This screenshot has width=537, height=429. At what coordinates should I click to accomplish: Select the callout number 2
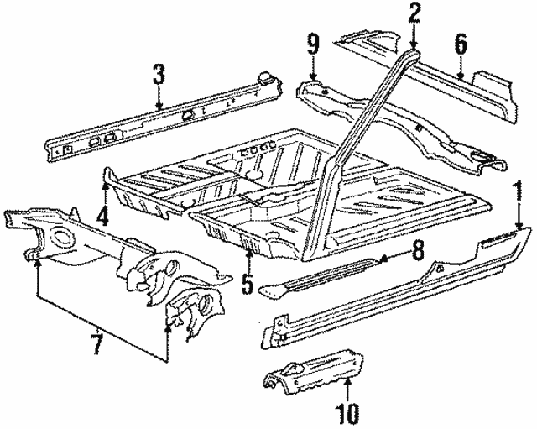tap(414, 13)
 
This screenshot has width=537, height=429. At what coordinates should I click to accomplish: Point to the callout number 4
tap(102, 216)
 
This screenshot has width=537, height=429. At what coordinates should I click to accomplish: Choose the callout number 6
tap(460, 43)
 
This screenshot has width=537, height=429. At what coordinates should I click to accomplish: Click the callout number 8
tap(418, 249)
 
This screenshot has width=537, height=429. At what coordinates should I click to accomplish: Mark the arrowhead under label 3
tap(159, 105)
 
